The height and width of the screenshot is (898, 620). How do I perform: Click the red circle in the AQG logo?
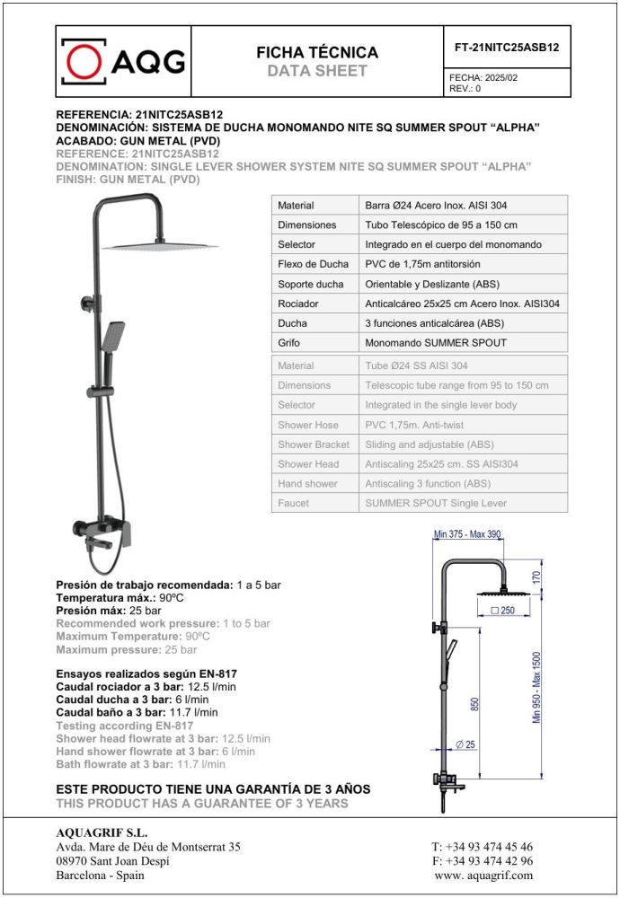(85, 61)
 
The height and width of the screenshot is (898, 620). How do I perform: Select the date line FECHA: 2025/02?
(483, 78)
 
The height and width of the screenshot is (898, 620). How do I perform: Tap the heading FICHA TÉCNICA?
(317, 53)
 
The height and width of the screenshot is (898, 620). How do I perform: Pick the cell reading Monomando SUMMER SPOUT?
(436, 343)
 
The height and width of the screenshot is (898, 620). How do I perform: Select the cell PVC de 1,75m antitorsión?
(422, 264)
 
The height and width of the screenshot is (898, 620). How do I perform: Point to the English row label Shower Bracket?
(314, 445)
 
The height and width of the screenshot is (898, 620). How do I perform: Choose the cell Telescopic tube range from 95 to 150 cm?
(456, 385)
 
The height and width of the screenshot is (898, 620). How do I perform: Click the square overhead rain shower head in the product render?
(160, 244)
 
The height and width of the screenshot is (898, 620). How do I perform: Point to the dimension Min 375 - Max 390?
(467, 535)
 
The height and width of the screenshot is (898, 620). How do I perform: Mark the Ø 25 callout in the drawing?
(465, 744)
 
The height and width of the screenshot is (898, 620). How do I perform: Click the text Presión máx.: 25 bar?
(109, 611)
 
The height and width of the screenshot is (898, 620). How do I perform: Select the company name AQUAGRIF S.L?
(89, 832)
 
